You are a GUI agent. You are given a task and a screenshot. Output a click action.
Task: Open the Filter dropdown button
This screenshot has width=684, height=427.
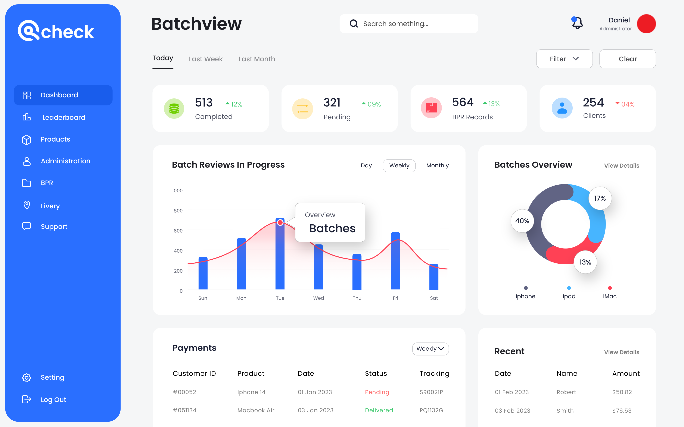(x=564, y=59)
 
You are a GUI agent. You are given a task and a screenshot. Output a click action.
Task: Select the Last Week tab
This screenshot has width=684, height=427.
(x=205, y=59)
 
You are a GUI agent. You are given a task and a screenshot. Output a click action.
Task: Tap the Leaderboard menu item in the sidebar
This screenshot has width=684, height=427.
(x=63, y=117)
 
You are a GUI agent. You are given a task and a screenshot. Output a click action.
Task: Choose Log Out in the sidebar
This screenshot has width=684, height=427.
(x=53, y=400)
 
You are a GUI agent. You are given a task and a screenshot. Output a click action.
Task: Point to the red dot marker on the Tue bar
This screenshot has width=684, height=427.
(x=280, y=222)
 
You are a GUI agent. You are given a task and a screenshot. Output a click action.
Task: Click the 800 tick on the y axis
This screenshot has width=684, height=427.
(x=178, y=211)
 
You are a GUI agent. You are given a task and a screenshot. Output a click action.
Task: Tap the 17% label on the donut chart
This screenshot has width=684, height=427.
(x=600, y=198)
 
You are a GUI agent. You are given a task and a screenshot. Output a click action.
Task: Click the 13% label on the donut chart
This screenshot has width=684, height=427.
(x=585, y=262)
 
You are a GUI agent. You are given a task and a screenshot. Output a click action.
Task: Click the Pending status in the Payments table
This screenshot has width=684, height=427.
(x=377, y=392)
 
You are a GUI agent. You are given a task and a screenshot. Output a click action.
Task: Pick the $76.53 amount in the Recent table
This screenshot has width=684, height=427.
(x=622, y=411)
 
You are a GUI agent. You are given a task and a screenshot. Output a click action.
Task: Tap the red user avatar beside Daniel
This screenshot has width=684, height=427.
(x=646, y=24)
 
